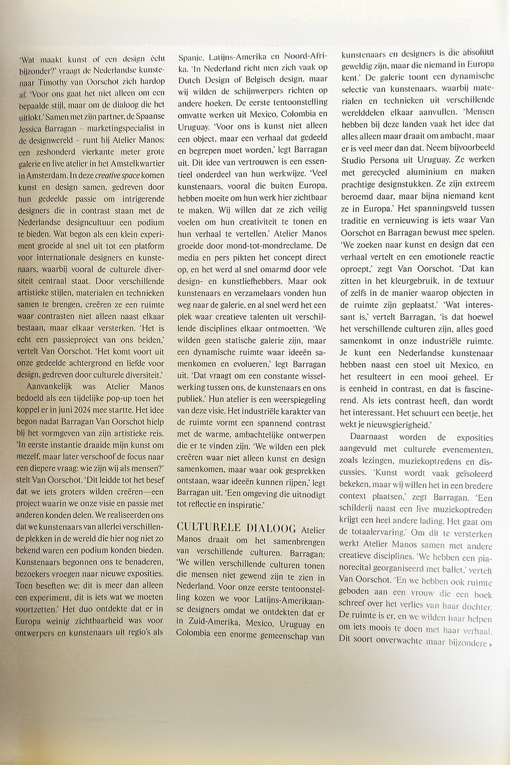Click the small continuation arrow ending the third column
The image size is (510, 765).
point(491,644)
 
